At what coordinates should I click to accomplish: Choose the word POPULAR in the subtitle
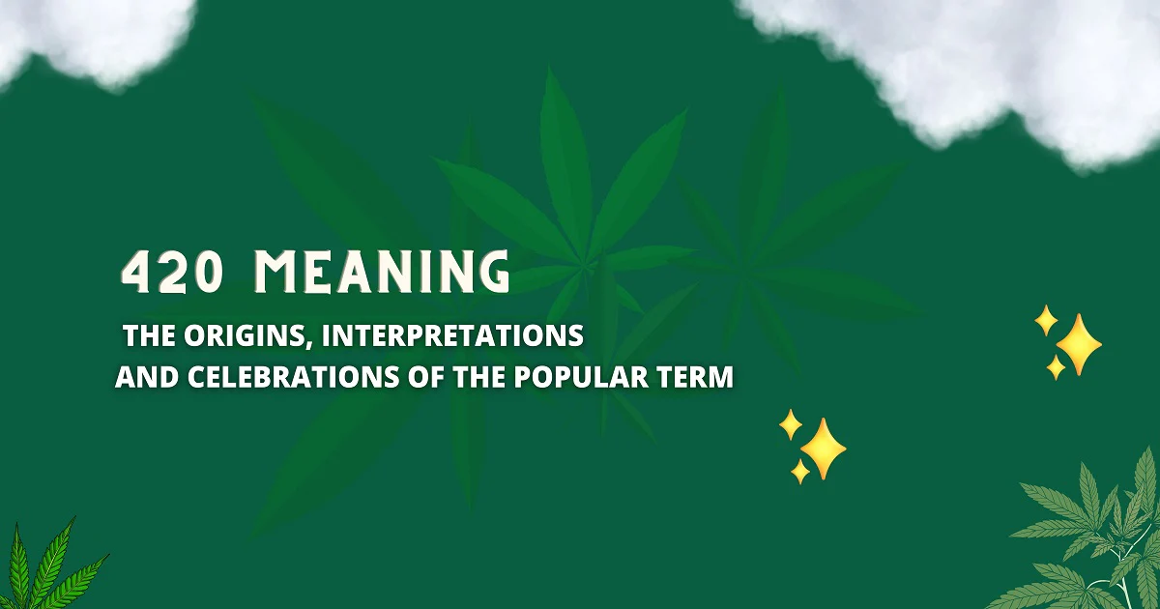(x=582, y=377)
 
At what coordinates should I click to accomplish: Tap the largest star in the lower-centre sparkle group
(x=823, y=449)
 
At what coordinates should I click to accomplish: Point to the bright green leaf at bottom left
(x=43, y=570)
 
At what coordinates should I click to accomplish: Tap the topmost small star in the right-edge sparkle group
(x=1045, y=320)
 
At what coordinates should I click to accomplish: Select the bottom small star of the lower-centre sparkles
(x=800, y=471)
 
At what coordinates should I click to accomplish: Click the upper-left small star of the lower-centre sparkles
(x=791, y=423)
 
